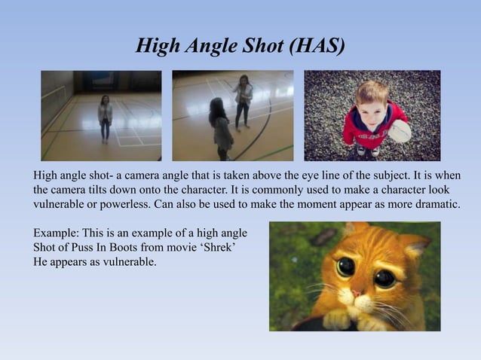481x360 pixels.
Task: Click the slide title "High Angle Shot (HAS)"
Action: (x=240, y=47)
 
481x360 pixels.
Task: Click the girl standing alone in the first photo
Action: (x=105, y=117)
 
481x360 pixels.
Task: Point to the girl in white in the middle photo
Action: (x=243, y=102)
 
